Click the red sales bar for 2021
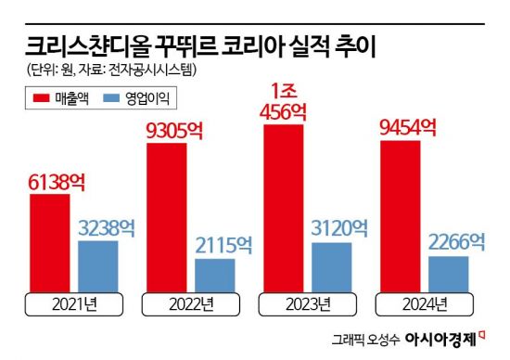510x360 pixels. click(48, 243)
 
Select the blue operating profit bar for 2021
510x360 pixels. click(97, 266)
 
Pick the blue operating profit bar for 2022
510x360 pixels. click(214, 276)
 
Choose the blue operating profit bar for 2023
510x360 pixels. click(331, 267)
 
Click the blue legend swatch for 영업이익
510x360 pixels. click(116, 96)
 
